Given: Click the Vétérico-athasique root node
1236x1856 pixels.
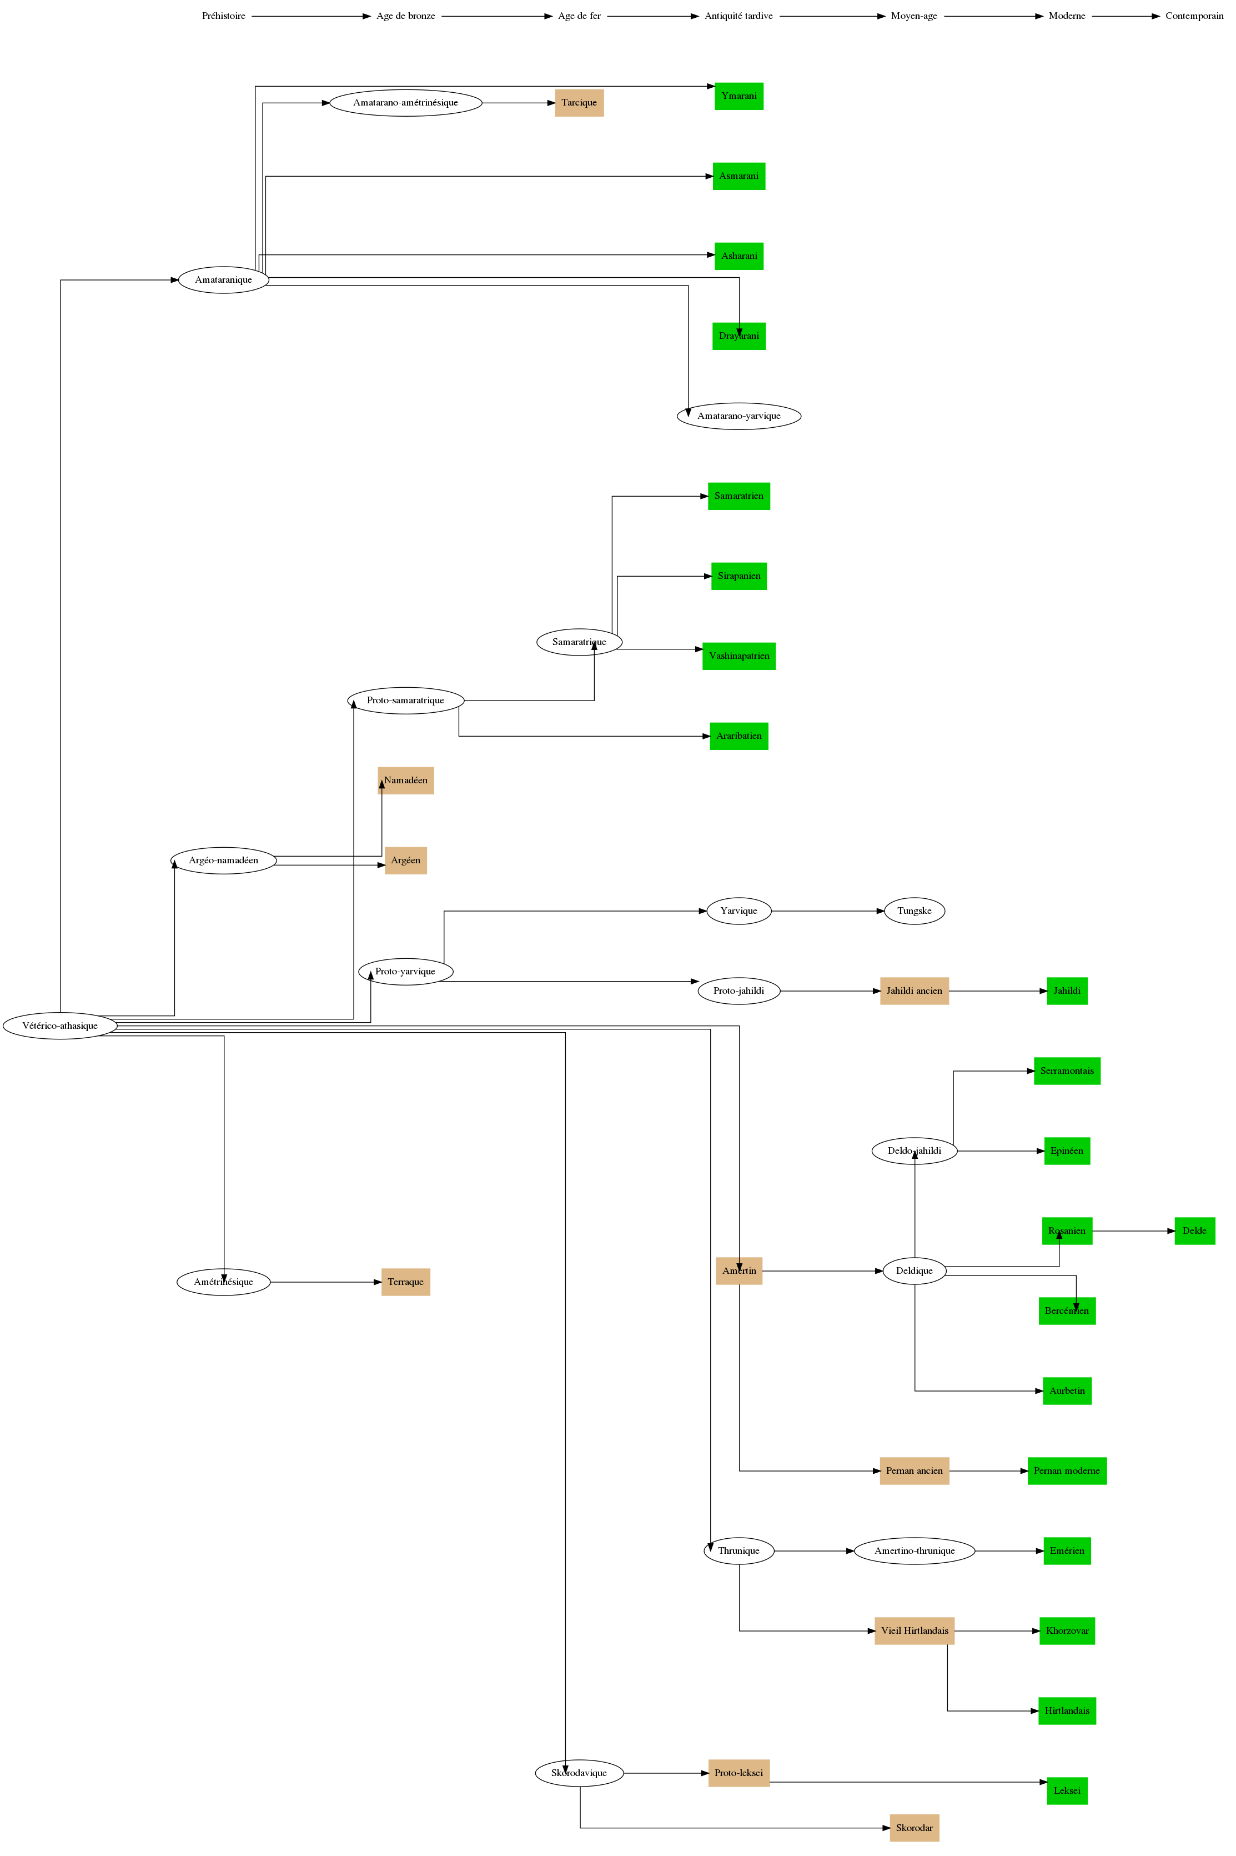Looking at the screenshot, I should coord(60,1025).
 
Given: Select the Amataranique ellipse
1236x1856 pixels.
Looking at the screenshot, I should coord(224,280).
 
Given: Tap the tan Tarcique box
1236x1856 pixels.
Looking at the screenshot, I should coord(579,103).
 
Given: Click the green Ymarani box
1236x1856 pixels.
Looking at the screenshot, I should coord(738,96).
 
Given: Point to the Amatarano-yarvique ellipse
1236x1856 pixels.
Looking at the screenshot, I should coord(738,416).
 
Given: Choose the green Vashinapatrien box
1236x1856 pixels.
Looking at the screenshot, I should coord(738,656).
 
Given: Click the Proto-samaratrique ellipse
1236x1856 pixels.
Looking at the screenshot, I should coord(405,700).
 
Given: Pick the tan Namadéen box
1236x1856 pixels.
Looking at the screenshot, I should coord(405,781).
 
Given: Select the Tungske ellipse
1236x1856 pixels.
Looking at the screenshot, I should coord(915,911).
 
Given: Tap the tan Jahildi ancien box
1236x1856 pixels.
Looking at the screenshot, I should coord(915,991).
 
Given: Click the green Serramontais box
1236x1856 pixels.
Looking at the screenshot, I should coord(1067,1070).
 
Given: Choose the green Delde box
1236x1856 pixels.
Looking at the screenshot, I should coord(1194,1231).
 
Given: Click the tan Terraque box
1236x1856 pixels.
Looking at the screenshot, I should coord(405,1282).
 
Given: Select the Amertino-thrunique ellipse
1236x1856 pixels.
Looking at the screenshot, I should coord(915,1551).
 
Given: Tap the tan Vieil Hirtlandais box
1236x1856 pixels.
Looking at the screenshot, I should coord(915,1630).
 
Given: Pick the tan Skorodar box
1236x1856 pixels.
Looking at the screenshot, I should coord(915,1828).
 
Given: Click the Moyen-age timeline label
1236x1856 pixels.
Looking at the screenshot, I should coord(913,16).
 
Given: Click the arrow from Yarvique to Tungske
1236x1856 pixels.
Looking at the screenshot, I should coord(828,911).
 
